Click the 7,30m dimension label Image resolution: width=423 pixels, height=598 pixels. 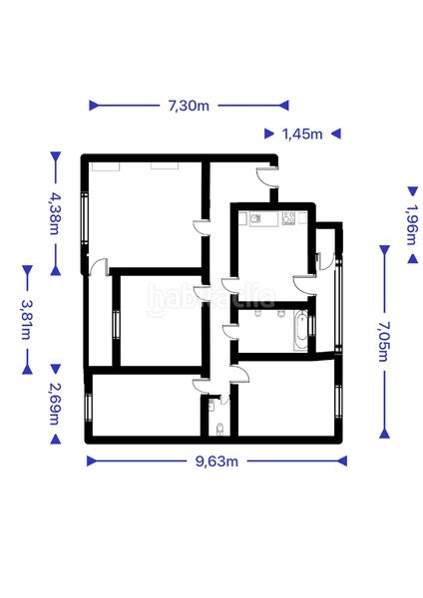(x=189, y=106)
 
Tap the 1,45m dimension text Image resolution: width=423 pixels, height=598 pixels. (x=302, y=134)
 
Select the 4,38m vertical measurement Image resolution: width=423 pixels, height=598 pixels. (x=55, y=213)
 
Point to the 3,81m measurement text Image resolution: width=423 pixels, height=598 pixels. (x=27, y=320)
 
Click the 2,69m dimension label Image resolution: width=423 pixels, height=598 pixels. (x=55, y=404)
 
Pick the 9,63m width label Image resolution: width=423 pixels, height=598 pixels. (x=216, y=461)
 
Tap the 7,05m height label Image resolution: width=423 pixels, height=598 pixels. (x=384, y=341)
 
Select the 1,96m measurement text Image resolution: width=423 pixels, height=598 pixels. (x=412, y=225)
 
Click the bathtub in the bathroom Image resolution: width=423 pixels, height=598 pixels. (x=301, y=331)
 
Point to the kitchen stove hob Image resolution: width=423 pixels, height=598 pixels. (x=288, y=218)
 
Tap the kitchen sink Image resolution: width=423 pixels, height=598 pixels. (x=255, y=218)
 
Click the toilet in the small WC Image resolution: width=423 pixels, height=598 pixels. (x=219, y=429)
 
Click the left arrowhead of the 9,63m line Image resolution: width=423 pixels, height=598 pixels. (x=92, y=461)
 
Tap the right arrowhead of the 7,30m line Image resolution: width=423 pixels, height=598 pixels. (x=283, y=106)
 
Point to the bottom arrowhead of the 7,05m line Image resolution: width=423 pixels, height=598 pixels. (x=384, y=434)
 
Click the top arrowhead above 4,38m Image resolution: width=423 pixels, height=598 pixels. (x=55, y=156)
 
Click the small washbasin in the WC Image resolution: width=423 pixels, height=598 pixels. (x=212, y=407)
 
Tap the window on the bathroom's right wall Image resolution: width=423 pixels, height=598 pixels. (x=313, y=325)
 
